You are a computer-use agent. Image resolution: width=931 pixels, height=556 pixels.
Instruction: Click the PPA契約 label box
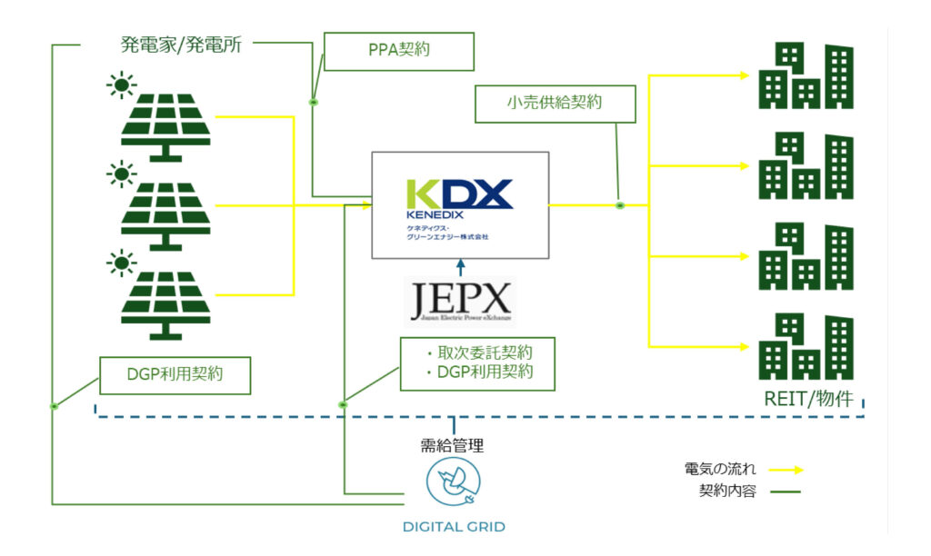click(398, 52)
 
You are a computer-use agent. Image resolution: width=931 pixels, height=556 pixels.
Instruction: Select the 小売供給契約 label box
click(555, 104)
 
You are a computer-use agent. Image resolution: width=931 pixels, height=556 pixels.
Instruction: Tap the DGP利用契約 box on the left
click(175, 374)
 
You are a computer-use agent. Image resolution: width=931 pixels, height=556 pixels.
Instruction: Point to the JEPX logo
click(460, 303)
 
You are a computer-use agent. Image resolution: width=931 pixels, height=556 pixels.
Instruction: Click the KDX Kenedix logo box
click(460, 205)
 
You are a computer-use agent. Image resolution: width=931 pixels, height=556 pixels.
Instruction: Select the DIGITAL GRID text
click(454, 527)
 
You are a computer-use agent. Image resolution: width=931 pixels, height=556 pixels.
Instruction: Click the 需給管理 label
click(452, 445)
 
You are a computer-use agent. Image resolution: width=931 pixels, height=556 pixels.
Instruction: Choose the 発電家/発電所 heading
click(181, 45)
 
